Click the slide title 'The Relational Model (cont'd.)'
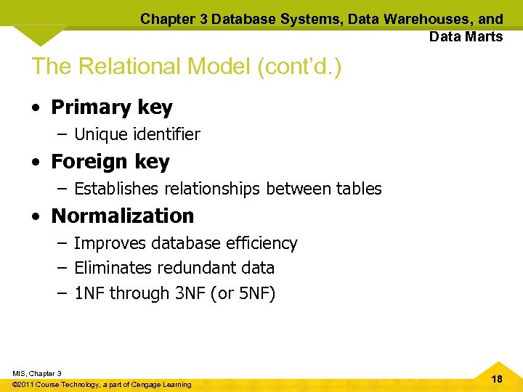[x=186, y=66]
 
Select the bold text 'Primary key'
[x=112, y=107]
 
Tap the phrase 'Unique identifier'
[x=137, y=134]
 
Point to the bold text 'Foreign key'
[x=110, y=162]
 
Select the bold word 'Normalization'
[x=123, y=216]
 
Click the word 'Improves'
[x=105, y=243]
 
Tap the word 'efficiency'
[x=263, y=243]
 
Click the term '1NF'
[x=89, y=294]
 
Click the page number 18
[x=497, y=379]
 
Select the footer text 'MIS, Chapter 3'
[x=37, y=373]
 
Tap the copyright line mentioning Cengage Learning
[x=102, y=384]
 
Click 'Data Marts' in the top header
[x=466, y=36]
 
